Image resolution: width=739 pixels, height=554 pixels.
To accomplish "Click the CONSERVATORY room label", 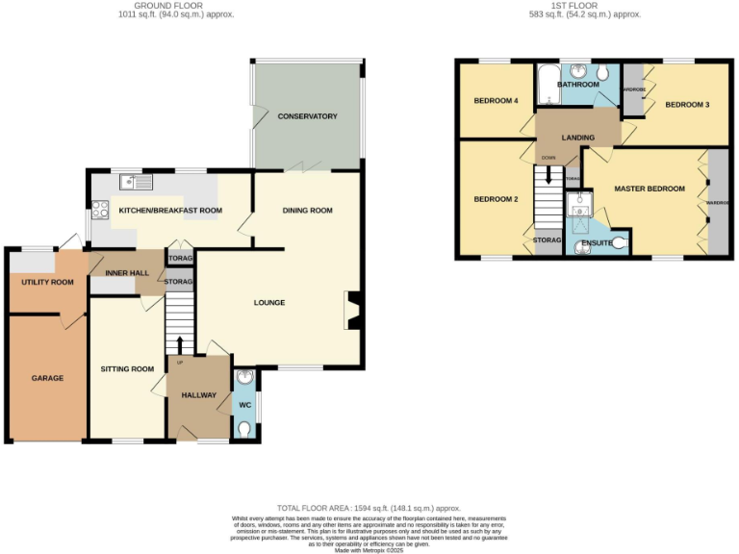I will coord(307,116).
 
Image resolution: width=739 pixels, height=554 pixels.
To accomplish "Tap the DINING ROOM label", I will coord(307,211).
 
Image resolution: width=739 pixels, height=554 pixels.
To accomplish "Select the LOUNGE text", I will coord(268,303).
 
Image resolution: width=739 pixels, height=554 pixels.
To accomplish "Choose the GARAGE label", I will coord(46,378).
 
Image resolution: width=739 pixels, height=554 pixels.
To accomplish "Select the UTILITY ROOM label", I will coord(41,283).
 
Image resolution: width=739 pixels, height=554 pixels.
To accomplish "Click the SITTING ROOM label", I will coord(127,369).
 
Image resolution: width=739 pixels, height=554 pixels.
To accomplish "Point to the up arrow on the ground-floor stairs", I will coord(180,343).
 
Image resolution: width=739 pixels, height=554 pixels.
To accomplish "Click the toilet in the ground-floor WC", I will coord(244,430).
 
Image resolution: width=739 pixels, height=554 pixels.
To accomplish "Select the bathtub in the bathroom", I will coord(548,86).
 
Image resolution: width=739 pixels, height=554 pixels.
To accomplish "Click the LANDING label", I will coord(578,138).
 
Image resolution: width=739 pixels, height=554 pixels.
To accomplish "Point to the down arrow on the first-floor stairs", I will coord(548,176).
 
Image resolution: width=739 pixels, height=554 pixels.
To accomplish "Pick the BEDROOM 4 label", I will coord(495,101).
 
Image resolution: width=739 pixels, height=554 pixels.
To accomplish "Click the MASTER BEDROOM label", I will coord(650,189).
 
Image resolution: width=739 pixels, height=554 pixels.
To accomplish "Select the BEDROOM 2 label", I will coord(495,199).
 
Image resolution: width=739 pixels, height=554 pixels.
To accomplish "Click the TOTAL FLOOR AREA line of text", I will coord(369,508).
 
